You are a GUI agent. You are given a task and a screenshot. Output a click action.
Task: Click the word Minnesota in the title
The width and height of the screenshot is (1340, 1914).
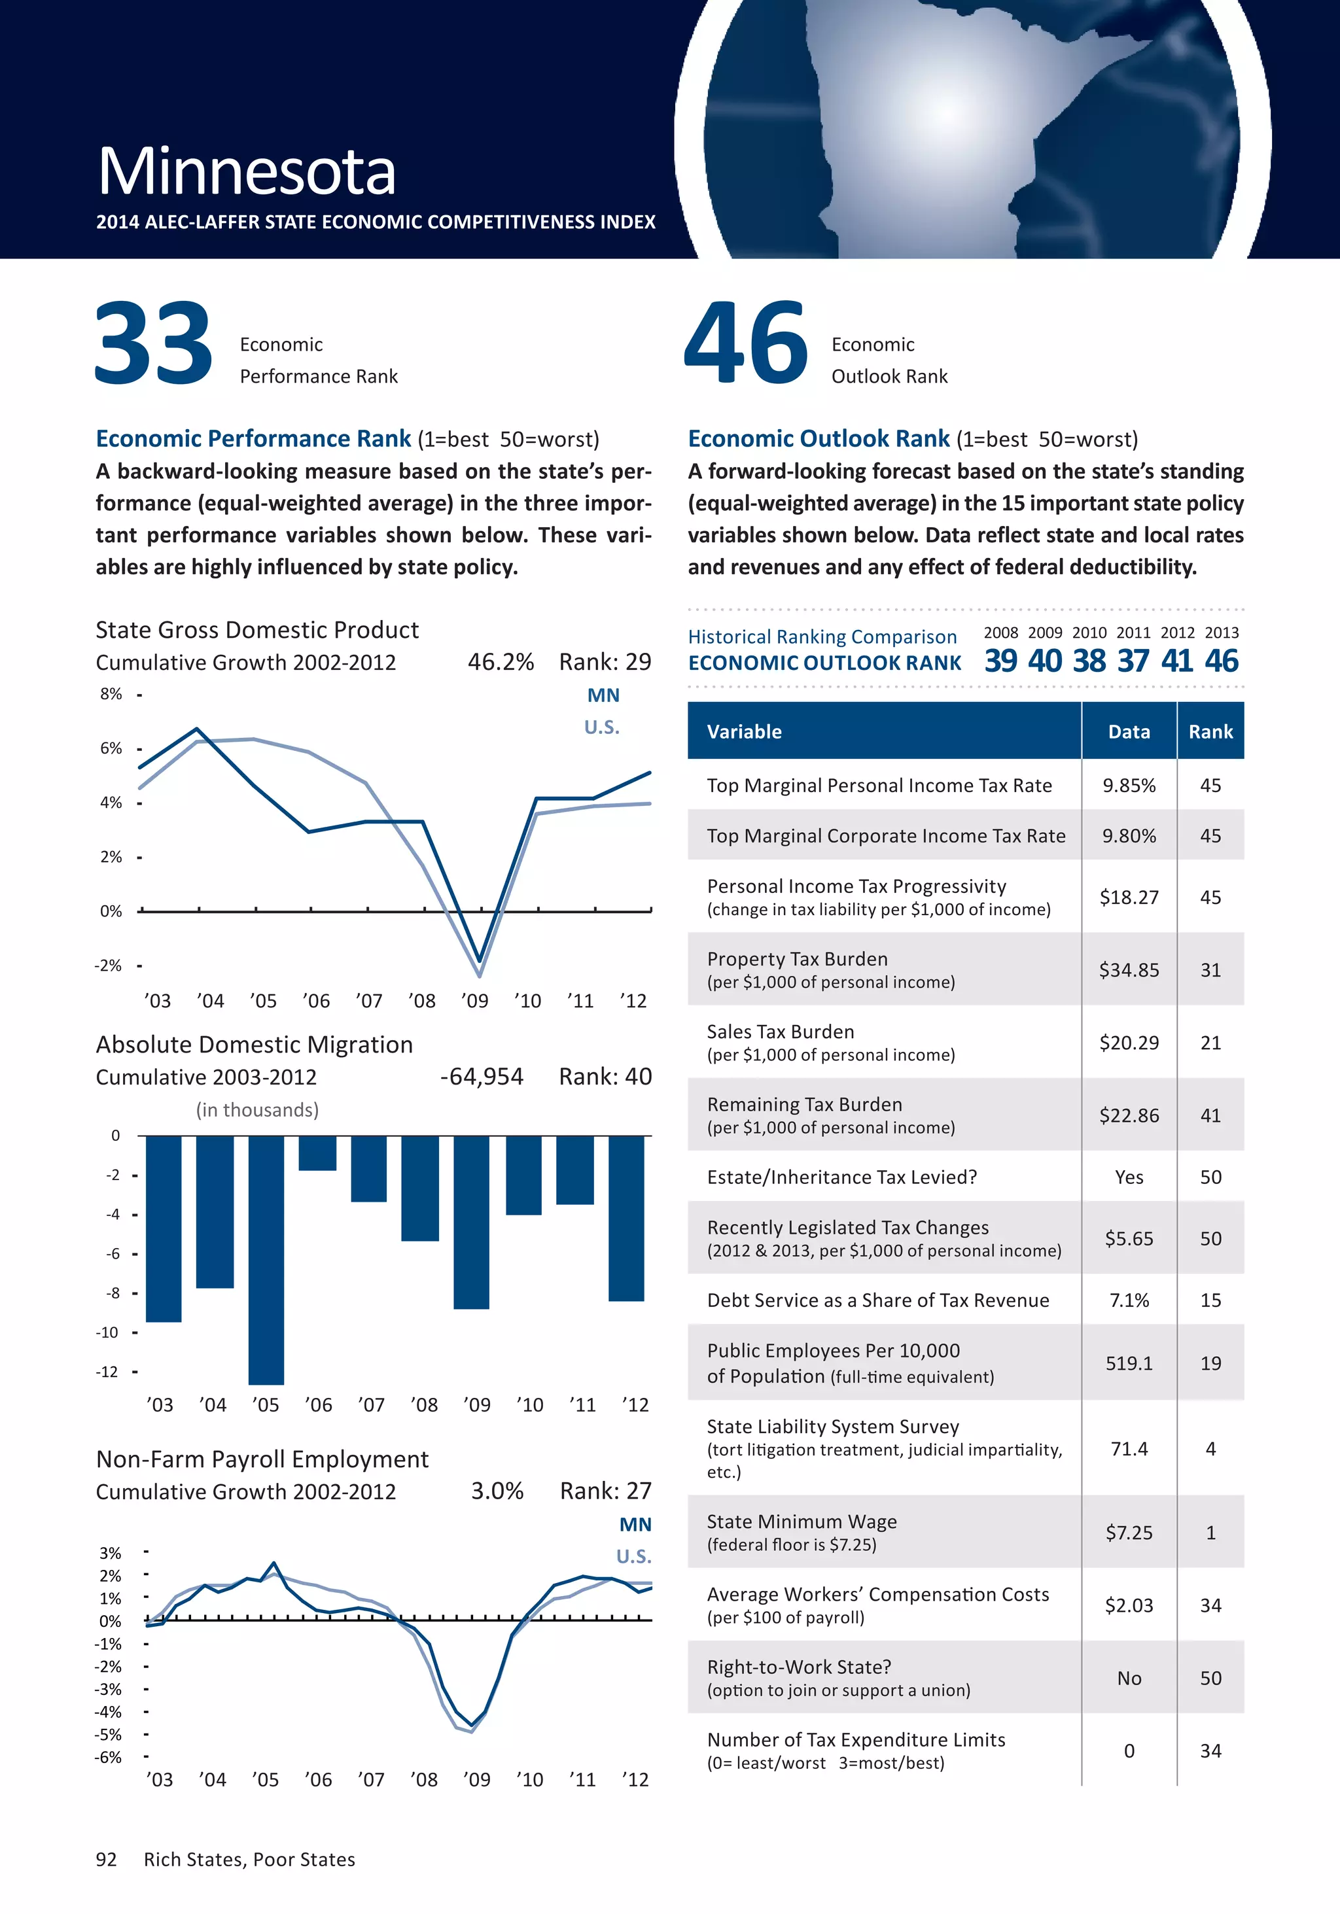click(247, 172)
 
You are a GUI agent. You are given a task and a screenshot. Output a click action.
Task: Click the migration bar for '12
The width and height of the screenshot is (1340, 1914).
click(626, 1217)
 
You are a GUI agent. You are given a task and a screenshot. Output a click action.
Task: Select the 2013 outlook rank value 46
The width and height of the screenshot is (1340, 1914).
click(1222, 661)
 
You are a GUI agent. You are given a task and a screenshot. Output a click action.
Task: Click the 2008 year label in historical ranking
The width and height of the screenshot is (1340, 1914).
click(1000, 633)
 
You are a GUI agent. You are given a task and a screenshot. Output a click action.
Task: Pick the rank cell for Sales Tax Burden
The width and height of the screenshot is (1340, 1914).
click(1210, 1043)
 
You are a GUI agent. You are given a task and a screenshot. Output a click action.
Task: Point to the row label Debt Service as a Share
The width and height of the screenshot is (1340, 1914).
click(878, 1300)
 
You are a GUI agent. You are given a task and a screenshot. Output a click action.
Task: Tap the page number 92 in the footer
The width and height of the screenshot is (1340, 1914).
click(107, 1860)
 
